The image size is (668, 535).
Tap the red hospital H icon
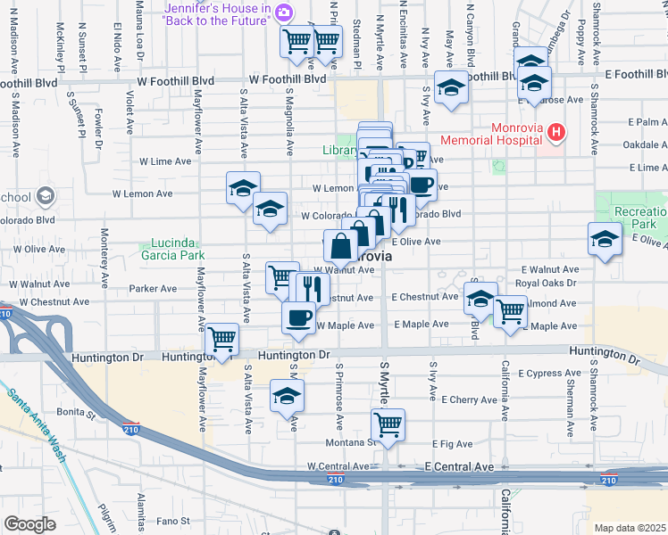tap(557, 134)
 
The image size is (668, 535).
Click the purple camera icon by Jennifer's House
tap(283, 12)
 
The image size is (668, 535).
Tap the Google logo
tap(29, 523)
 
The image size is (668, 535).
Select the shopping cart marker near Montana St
tap(388, 424)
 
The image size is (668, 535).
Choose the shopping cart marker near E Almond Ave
tap(510, 311)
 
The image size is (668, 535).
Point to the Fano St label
tap(175, 520)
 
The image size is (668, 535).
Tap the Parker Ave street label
tap(153, 289)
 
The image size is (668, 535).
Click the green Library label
tap(339, 151)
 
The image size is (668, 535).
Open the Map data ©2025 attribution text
tap(630, 528)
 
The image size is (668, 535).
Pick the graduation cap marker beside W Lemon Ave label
tap(242, 187)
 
